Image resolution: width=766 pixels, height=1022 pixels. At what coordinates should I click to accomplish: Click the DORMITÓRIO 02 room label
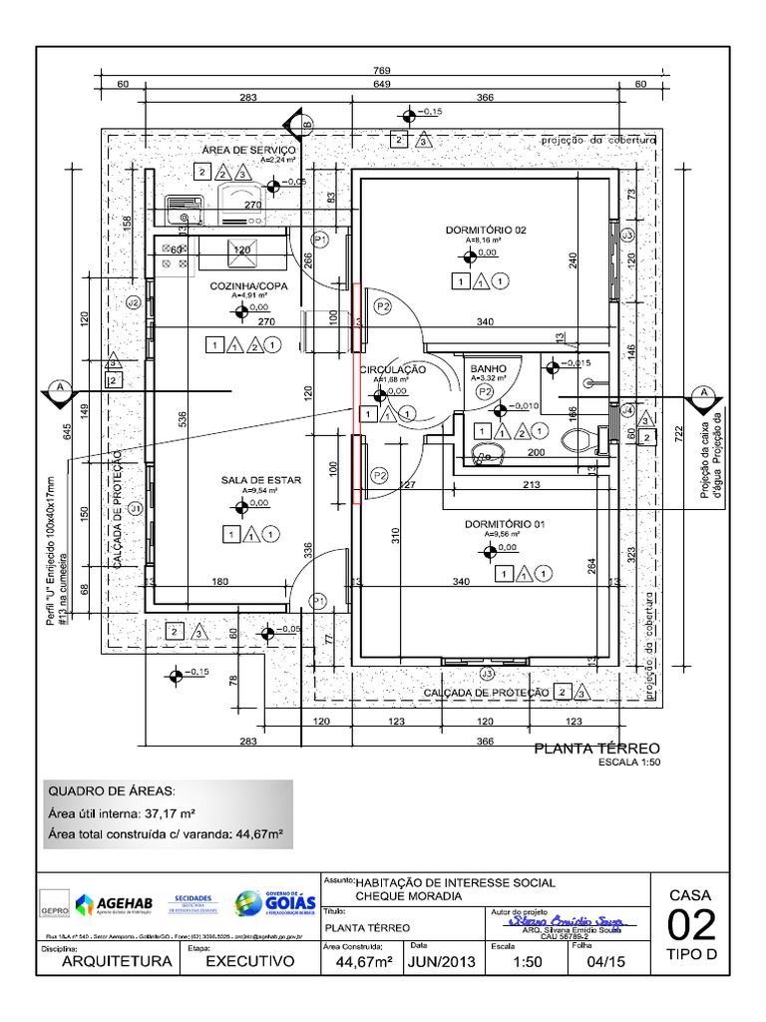click(485, 231)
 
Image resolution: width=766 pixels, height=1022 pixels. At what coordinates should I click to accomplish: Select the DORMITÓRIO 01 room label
click(505, 524)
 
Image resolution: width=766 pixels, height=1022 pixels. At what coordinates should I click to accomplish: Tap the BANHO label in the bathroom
click(488, 368)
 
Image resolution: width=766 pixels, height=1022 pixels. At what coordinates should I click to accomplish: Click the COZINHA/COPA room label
click(248, 286)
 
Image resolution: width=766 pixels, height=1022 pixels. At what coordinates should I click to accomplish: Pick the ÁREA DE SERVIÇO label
click(243, 150)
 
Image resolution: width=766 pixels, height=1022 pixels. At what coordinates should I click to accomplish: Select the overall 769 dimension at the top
click(381, 71)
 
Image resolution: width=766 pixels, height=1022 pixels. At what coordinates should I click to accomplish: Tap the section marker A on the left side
click(61, 389)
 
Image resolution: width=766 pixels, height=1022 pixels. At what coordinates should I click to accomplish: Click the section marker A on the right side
click(704, 392)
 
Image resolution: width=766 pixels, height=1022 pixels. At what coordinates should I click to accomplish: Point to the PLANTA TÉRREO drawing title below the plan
click(597, 748)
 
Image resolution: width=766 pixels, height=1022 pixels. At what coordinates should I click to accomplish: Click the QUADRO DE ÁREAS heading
click(112, 790)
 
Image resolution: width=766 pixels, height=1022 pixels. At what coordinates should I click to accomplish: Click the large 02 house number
click(690, 925)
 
